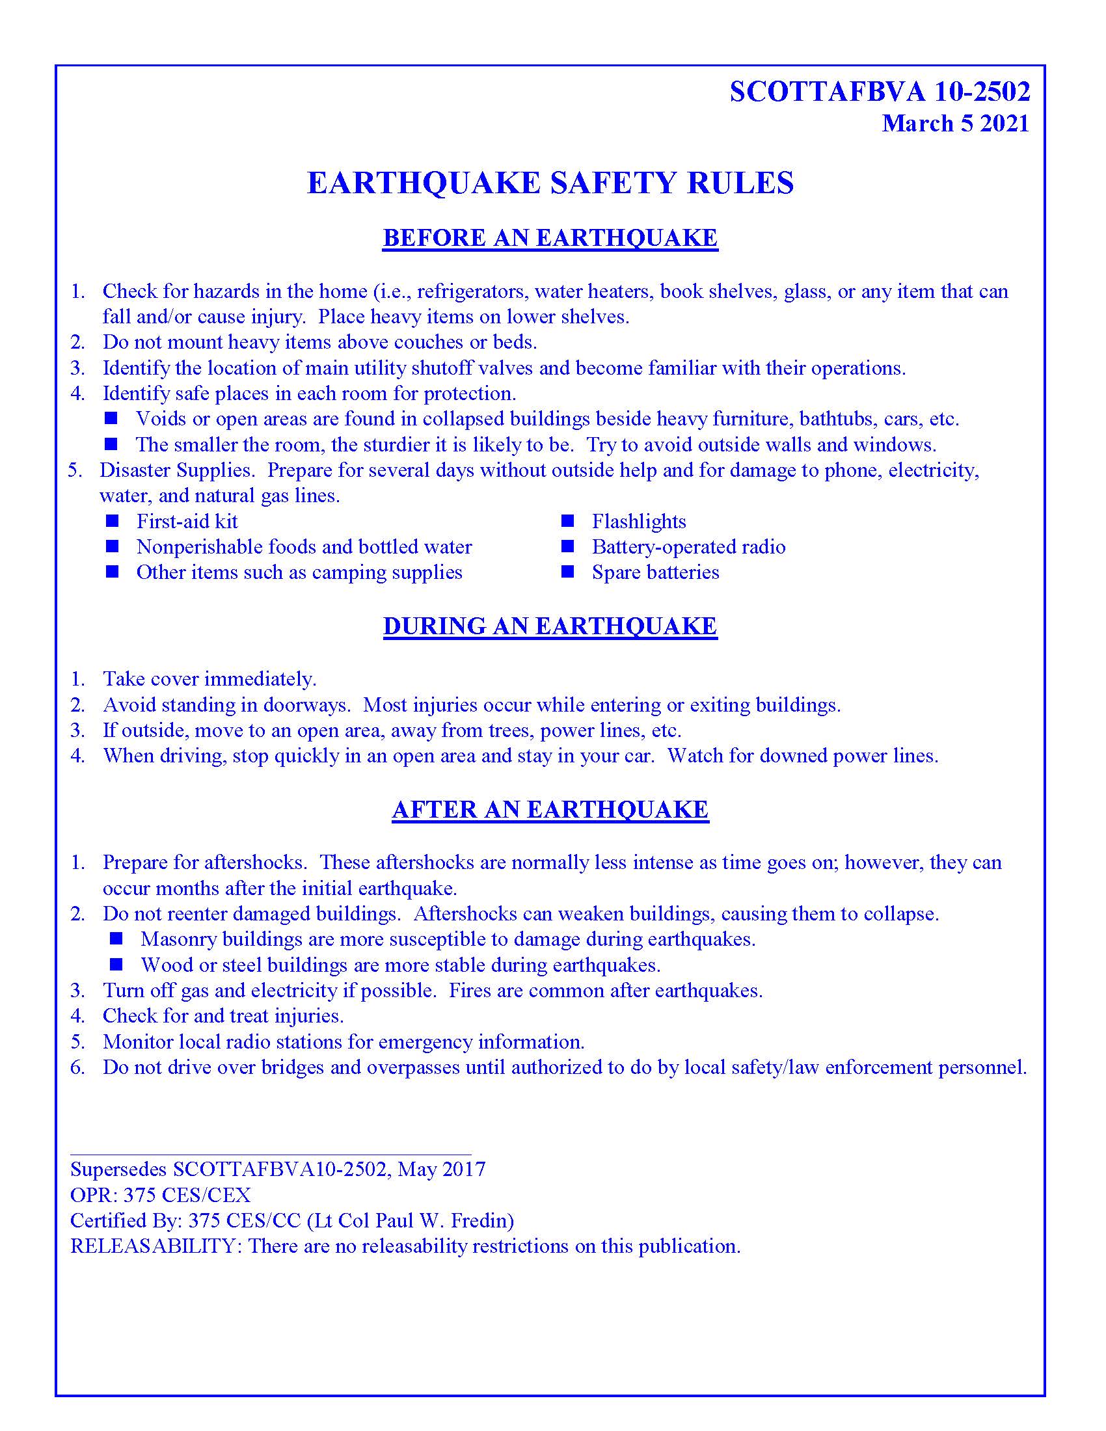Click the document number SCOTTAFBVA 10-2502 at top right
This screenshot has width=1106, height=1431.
(x=880, y=92)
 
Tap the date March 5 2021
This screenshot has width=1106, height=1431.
(x=954, y=124)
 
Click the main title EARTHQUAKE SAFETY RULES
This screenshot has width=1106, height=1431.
(x=550, y=183)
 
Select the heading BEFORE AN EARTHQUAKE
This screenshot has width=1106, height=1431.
(x=550, y=238)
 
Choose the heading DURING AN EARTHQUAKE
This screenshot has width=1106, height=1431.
(x=550, y=626)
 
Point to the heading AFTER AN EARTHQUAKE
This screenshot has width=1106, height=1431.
(x=550, y=810)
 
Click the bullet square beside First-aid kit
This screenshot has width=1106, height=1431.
(x=112, y=521)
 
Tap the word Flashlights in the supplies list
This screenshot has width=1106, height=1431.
(x=638, y=522)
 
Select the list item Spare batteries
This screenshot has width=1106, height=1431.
(x=654, y=572)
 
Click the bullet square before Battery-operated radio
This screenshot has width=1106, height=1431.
(x=567, y=546)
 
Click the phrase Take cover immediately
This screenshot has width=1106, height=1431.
(x=209, y=680)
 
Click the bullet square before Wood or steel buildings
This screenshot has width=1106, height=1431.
(x=116, y=965)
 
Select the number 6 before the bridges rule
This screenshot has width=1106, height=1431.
(x=77, y=1067)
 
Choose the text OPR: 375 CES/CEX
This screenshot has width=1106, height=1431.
(x=161, y=1195)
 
